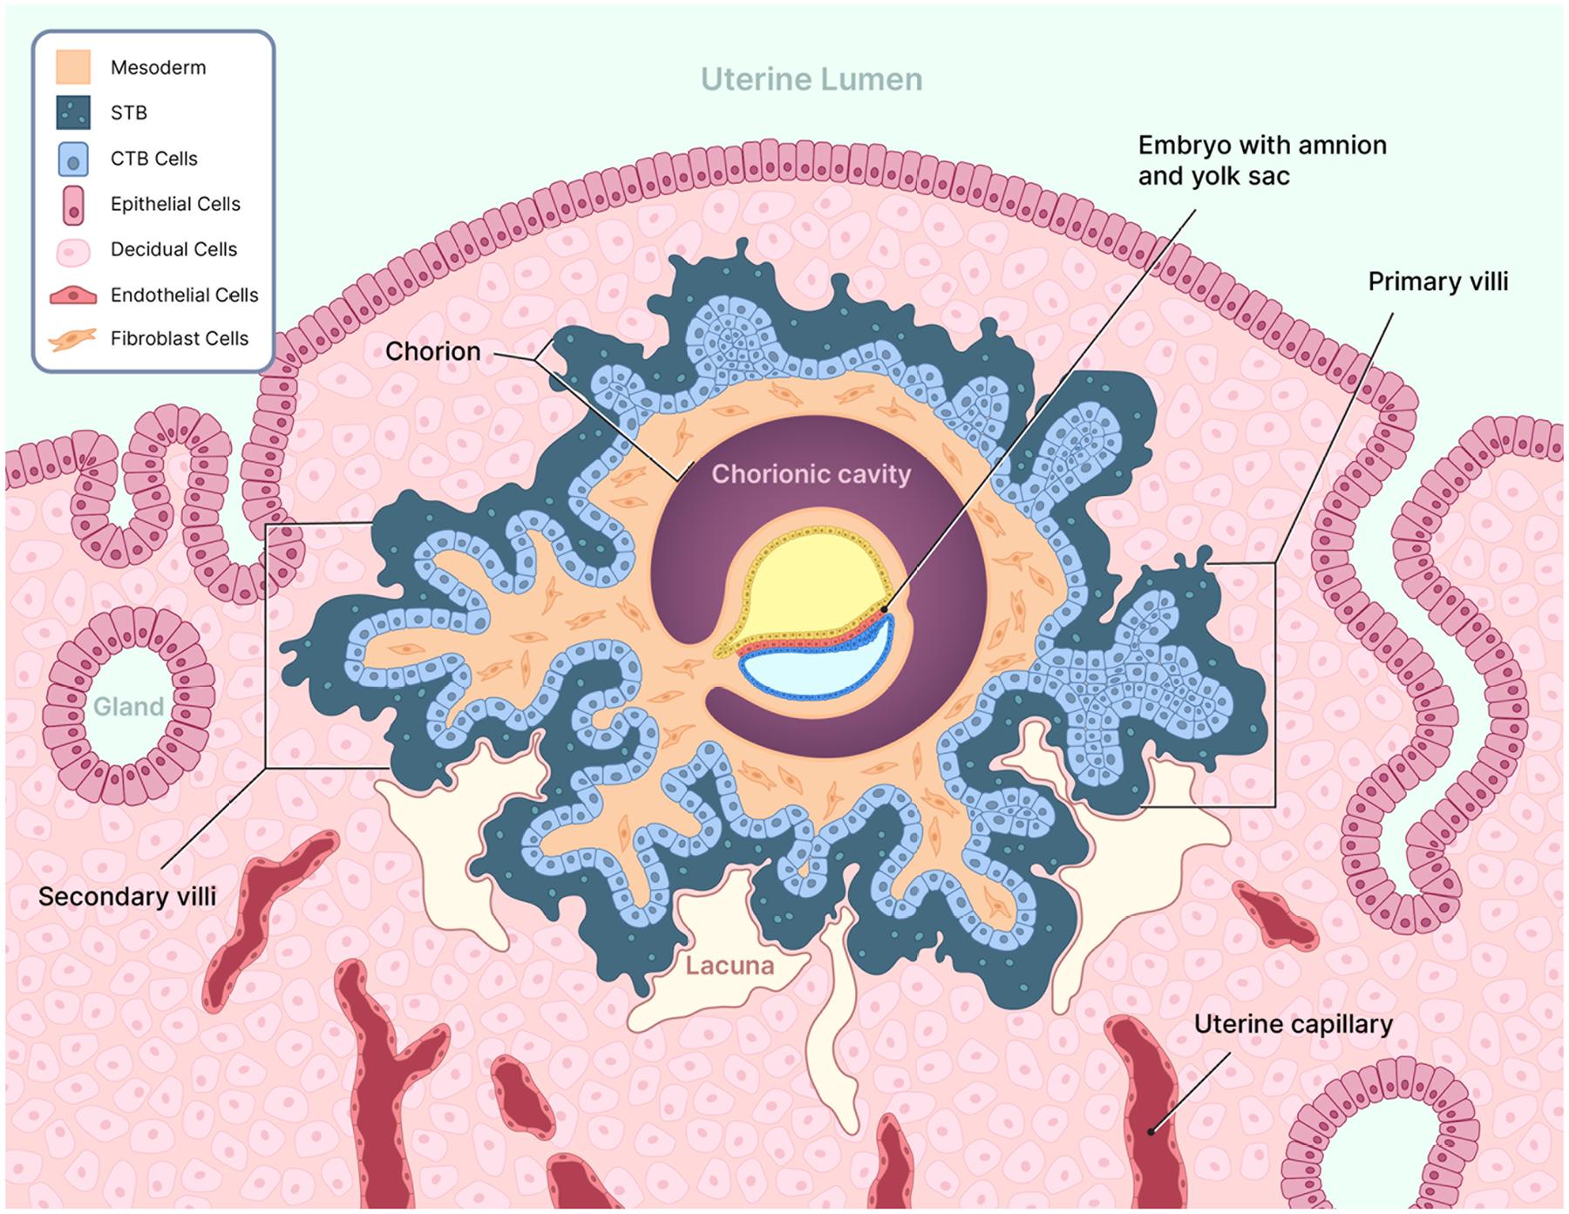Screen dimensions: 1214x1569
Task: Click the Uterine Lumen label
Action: pos(812,79)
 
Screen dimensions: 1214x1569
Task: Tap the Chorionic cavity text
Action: pos(811,474)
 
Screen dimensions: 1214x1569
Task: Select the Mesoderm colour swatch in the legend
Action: pos(73,67)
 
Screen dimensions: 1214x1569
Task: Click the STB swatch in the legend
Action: pos(73,112)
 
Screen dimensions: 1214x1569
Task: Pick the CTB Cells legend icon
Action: pos(73,159)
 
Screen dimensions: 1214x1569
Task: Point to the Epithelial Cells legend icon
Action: pos(73,204)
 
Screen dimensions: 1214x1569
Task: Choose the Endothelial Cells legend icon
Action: pos(73,295)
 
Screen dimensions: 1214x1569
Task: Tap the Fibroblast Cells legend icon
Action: pos(73,339)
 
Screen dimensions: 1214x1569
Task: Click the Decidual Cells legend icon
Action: pos(73,250)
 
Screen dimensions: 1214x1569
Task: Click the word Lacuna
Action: pos(729,966)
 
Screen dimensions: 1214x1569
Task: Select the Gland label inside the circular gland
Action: pos(128,706)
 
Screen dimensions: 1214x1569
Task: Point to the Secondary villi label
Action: pos(127,897)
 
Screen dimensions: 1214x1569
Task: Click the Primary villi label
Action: pos(1437,281)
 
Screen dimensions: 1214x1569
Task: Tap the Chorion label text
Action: pos(433,351)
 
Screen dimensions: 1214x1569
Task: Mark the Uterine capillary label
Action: pos(1293,1024)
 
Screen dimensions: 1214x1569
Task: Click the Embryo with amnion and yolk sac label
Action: pos(1261,160)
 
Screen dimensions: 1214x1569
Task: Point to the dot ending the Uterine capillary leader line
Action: pos(1151,1132)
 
